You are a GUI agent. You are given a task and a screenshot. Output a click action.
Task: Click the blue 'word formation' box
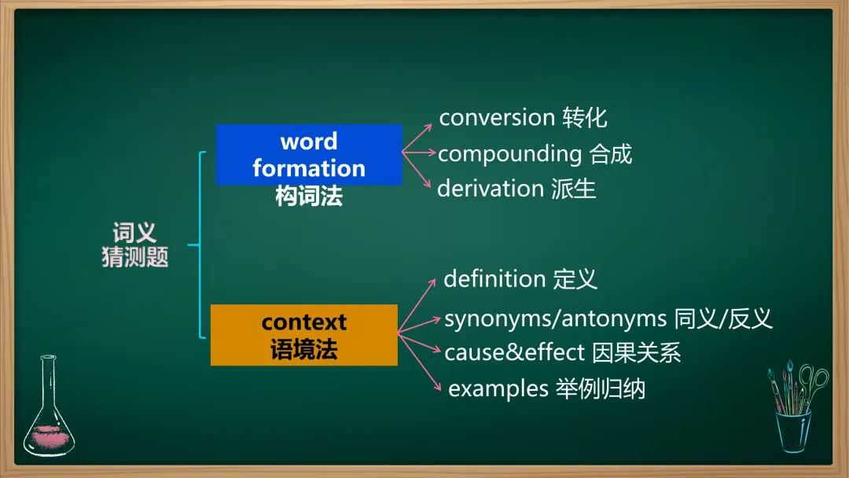click(309, 155)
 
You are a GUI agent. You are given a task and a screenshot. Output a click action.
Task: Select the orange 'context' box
click(303, 335)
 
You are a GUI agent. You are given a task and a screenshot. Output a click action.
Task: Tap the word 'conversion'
click(497, 118)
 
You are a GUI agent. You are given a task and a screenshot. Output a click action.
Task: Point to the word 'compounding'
click(509, 155)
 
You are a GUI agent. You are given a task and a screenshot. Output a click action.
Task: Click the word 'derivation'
click(490, 189)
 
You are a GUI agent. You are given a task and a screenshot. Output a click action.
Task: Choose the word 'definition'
click(494, 279)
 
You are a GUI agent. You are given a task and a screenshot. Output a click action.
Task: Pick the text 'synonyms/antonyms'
click(555, 319)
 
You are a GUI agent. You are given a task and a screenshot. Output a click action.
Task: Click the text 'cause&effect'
click(514, 352)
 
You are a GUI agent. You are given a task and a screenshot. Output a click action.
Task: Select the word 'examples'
click(498, 389)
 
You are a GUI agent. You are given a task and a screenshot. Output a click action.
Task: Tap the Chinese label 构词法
click(309, 196)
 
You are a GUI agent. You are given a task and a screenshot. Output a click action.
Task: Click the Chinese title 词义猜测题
click(135, 245)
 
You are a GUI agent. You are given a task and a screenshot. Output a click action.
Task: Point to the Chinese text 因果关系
click(636, 352)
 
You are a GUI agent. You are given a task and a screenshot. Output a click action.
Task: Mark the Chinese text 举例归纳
click(601, 389)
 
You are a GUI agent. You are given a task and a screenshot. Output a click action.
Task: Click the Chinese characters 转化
click(585, 118)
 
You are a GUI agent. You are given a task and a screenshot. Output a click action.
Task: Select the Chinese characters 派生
click(574, 189)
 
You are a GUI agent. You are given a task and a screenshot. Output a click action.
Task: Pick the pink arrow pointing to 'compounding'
click(419, 153)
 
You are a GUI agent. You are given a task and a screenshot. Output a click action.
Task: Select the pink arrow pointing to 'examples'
click(420, 362)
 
